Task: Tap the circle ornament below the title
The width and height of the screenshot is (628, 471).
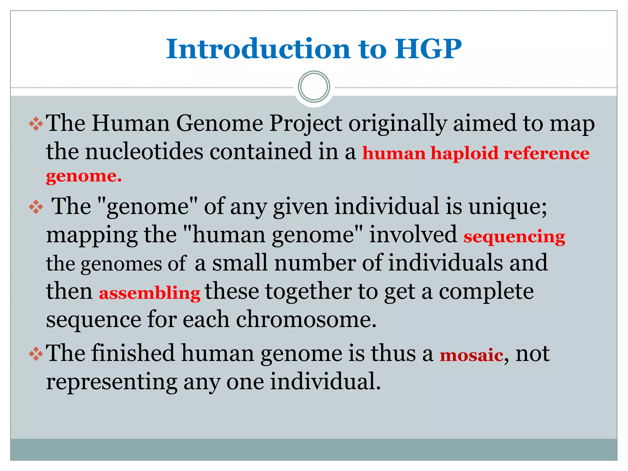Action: (314, 87)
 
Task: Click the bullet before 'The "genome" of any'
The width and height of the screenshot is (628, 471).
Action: (36, 207)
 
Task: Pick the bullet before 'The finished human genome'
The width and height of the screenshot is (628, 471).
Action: (36, 354)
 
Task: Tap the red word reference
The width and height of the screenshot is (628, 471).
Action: (546, 153)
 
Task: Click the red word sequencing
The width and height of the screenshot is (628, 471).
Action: (514, 237)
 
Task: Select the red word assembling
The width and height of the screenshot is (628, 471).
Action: (150, 293)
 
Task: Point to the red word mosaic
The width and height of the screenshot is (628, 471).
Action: (471, 355)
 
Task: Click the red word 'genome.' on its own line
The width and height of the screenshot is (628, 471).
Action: (84, 176)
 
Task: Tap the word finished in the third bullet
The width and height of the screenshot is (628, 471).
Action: (133, 353)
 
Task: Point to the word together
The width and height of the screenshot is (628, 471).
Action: (308, 291)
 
